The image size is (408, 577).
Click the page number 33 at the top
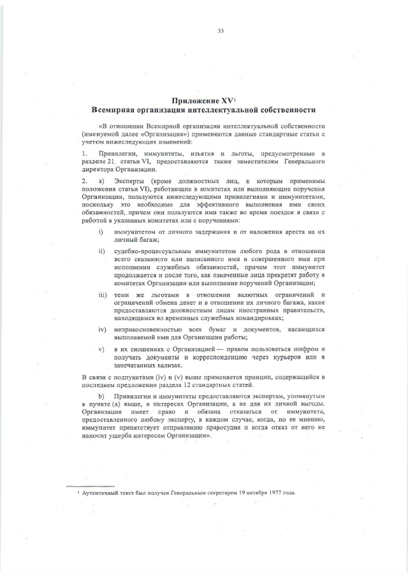pos(221,31)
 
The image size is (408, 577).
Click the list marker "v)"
pos(101,349)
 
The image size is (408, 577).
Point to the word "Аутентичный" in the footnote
pos(102,493)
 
